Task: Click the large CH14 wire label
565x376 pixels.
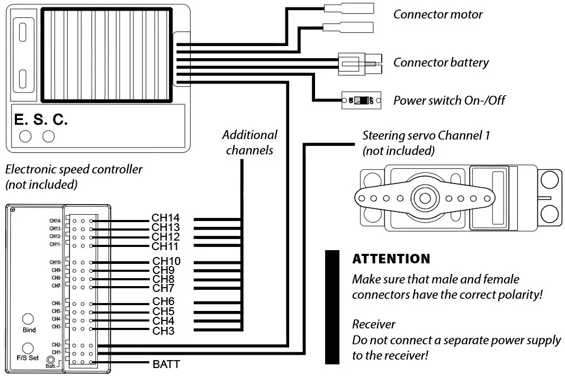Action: (x=165, y=218)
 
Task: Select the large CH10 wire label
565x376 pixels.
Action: (x=166, y=261)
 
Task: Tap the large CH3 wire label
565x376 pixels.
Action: (x=164, y=331)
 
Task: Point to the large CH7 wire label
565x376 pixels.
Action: (x=164, y=288)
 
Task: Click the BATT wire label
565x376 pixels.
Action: (x=166, y=364)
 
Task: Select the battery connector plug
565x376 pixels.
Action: (x=360, y=63)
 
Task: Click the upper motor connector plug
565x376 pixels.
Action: (x=349, y=8)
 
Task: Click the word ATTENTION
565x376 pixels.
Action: (x=391, y=259)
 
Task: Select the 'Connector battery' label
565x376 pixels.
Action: (x=441, y=62)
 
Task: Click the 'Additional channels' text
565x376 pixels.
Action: (x=249, y=142)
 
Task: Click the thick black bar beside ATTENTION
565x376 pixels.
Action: (x=332, y=307)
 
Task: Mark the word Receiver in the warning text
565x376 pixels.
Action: (x=374, y=324)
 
